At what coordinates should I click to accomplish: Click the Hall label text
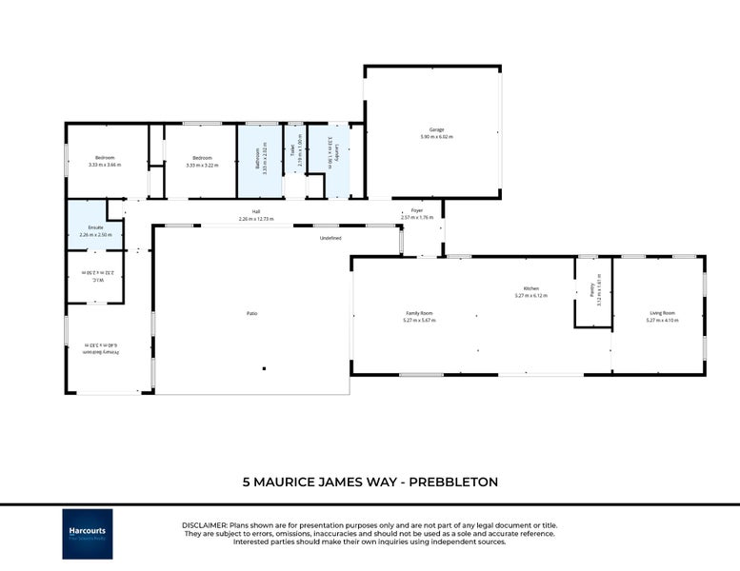(256, 211)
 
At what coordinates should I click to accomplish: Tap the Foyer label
(416, 210)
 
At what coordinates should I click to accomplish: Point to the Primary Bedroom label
(87, 350)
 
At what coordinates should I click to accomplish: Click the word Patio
(252, 313)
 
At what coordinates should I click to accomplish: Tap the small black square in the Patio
(264, 368)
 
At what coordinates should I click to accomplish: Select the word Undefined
(330, 238)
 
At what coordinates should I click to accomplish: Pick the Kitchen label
(531, 289)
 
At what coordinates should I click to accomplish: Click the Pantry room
(592, 294)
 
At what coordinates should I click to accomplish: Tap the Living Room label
(662, 313)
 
